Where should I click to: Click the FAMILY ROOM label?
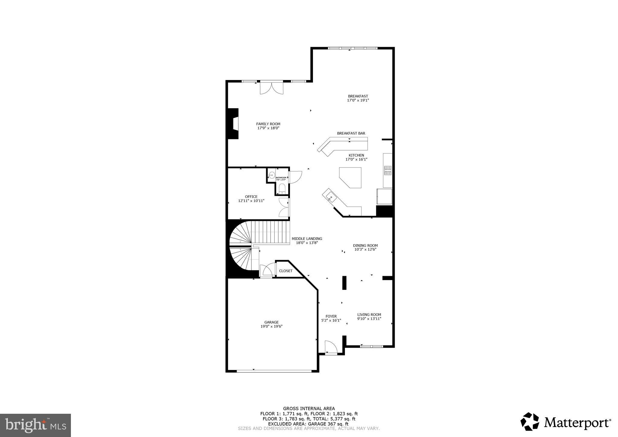click(x=268, y=124)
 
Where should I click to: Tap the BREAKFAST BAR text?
click(x=351, y=133)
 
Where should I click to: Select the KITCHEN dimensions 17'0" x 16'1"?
click(x=356, y=159)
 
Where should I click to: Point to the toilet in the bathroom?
click(x=282, y=189)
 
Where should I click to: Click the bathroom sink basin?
click(x=272, y=175)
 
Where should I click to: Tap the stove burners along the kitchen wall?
click(x=388, y=171)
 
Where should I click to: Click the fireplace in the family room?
click(x=233, y=124)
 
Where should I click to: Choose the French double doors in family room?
click(x=272, y=88)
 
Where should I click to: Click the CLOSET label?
click(x=285, y=271)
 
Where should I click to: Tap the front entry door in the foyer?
click(x=331, y=348)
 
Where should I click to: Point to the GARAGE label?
click(x=271, y=322)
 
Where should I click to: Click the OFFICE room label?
click(x=251, y=196)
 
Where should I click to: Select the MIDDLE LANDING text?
click(x=307, y=238)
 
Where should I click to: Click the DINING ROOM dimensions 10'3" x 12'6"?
click(x=365, y=250)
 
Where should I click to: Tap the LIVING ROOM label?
click(x=369, y=314)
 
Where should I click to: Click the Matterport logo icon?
click(x=530, y=422)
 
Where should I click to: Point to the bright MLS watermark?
click(x=35, y=425)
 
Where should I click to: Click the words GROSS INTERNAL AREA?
click(x=309, y=409)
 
